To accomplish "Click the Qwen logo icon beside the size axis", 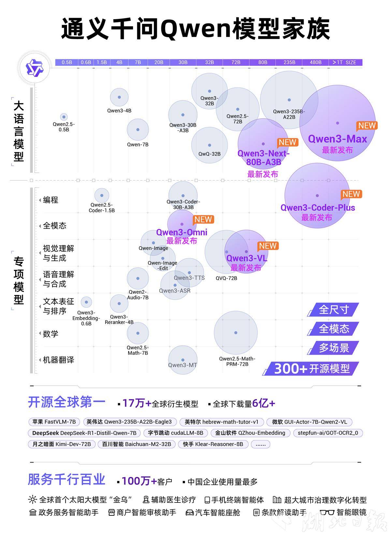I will click(x=34, y=68).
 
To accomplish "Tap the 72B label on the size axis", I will click(x=236, y=62).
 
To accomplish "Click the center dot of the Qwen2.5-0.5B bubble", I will click(x=64, y=117).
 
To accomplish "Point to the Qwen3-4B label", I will click(x=119, y=111).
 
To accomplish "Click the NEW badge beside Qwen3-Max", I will click(x=367, y=126).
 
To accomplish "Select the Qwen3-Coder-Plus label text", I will click(x=318, y=208).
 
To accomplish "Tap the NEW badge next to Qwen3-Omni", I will click(x=203, y=220).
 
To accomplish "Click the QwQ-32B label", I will click(x=210, y=154).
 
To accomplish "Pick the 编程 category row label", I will click(x=51, y=200).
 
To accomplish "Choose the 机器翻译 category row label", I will click(x=58, y=360).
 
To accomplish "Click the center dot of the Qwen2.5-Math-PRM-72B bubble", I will click(x=236, y=333).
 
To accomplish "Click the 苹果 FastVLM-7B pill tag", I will click(x=54, y=422).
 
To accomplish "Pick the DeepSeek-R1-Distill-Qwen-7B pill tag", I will click(x=84, y=433).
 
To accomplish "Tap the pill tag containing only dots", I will click(x=260, y=444).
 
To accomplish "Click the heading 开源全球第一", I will click(x=67, y=402).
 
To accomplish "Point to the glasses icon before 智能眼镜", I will click(x=327, y=513).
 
